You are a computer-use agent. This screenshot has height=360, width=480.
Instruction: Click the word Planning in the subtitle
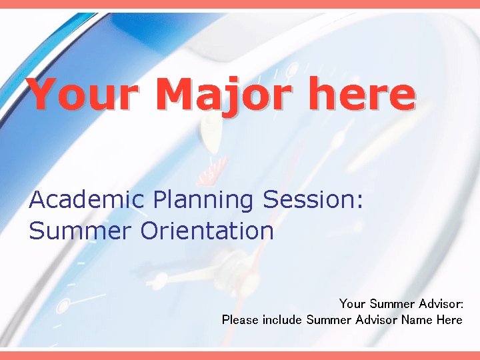pos(203,201)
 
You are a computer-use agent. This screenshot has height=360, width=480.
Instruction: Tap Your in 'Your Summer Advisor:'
pos(352,304)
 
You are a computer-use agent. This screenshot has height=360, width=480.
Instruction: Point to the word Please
pos(240,320)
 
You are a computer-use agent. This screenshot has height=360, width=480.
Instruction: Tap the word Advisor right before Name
pos(376,320)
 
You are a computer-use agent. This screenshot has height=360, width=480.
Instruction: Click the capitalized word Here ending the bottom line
pos(449,320)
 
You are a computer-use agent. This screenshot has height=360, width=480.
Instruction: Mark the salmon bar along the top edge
pos(240,4)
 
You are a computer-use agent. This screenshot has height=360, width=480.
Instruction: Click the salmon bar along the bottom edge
pos(240,355)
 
